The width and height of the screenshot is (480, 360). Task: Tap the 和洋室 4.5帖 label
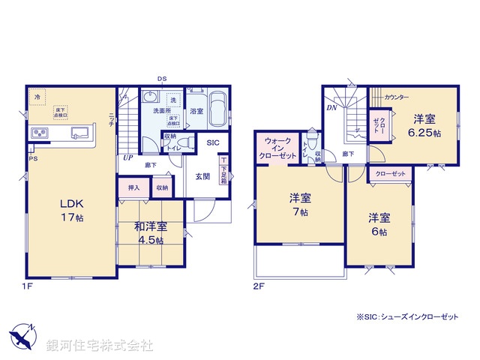151,232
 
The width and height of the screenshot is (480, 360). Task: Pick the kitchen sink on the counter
78,133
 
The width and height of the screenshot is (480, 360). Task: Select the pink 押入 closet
133,187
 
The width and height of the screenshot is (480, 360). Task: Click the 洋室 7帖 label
300,205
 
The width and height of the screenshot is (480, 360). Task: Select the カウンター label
397,98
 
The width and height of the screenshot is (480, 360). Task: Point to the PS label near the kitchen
31,158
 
